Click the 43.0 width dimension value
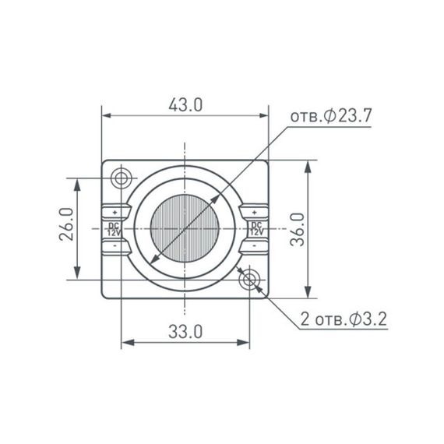[x=185, y=104]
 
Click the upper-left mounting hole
[x=122, y=178]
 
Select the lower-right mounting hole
[x=251, y=278]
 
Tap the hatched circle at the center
[x=185, y=229]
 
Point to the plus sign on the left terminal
[x=115, y=211]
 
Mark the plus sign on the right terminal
[x=255, y=211]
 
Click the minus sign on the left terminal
[x=115, y=246]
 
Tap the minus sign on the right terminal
[x=255, y=246]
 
